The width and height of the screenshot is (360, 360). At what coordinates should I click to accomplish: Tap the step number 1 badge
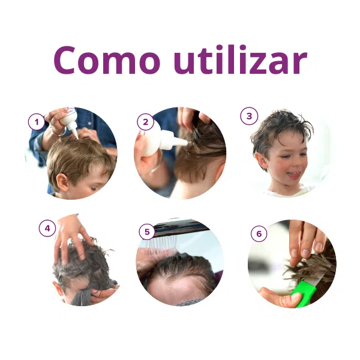tap(37, 122)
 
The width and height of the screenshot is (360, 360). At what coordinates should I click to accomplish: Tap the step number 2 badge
tap(145, 122)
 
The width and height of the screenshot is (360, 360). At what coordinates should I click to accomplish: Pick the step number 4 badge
tap(47, 228)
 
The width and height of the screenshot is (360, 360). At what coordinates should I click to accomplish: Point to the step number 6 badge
tap(259, 234)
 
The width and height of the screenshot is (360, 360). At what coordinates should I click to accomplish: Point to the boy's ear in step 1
tap(61, 182)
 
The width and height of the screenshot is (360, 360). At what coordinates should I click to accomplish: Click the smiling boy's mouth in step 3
tap(294, 175)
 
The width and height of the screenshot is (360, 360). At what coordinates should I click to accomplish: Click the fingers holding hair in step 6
tap(305, 240)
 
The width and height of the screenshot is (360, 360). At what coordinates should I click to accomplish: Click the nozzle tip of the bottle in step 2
tap(184, 142)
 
